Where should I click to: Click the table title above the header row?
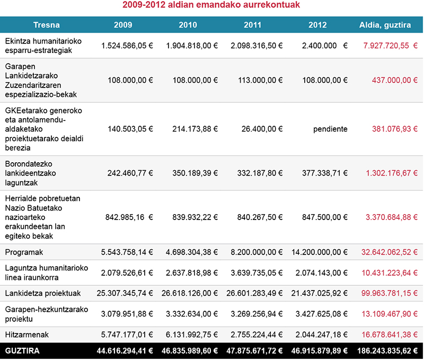click(211, 6)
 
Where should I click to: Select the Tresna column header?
click(46, 25)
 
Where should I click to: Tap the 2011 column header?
click(252, 25)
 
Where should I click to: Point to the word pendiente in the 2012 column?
click(330, 129)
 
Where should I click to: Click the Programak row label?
click(23, 253)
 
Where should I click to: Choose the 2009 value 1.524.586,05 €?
click(127, 46)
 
